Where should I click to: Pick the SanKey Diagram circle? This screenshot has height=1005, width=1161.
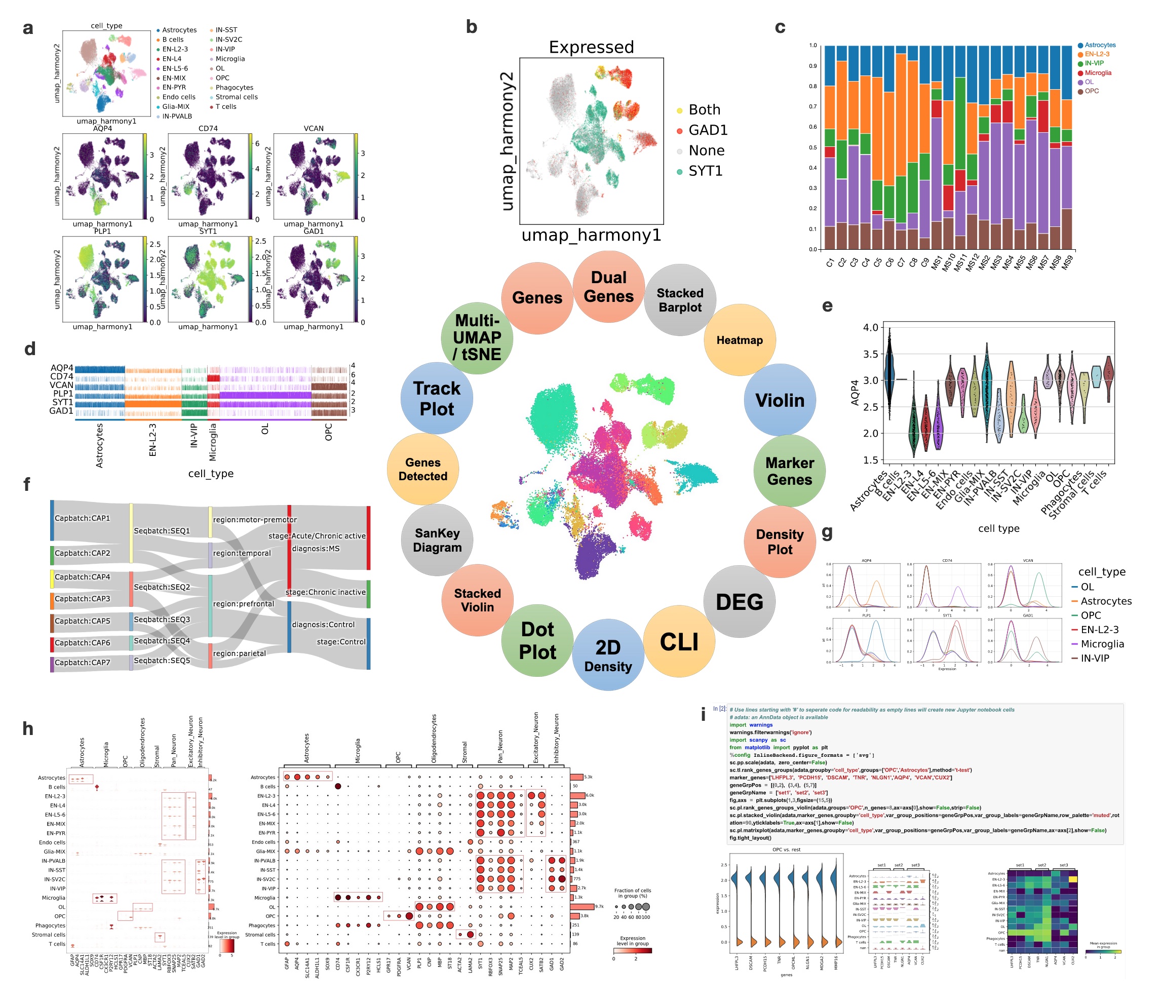(x=437, y=540)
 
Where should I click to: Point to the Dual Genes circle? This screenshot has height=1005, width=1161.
(x=608, y=287)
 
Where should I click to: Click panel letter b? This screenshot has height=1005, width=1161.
(x=472, y=27)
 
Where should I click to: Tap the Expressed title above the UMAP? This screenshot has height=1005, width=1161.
(x=591, y=47)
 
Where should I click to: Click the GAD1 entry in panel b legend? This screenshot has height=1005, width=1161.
(x=708, y=130)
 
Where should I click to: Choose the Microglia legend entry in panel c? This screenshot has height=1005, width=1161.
(x=1097, y=73)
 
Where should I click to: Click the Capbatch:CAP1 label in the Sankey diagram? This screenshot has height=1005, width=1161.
(x=83, y=518)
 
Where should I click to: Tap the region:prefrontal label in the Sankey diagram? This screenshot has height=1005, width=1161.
(x=244, y=604)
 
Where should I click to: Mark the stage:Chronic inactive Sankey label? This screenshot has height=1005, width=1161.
(x=325, y=592)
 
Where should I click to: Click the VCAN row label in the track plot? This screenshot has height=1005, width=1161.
(x=62, y=385)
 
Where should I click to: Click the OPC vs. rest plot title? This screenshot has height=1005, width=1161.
(x=786, y=849)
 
